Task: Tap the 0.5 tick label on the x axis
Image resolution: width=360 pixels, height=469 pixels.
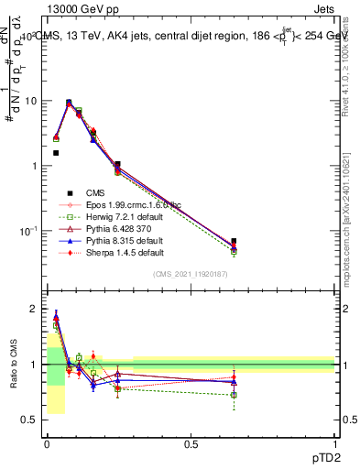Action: point(191,444)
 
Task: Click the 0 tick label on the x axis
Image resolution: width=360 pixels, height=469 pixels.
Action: point(47,444)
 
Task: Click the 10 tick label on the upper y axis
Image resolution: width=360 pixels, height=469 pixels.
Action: point(30,101)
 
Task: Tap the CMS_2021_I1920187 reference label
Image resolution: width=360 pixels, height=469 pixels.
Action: point(190,275)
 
